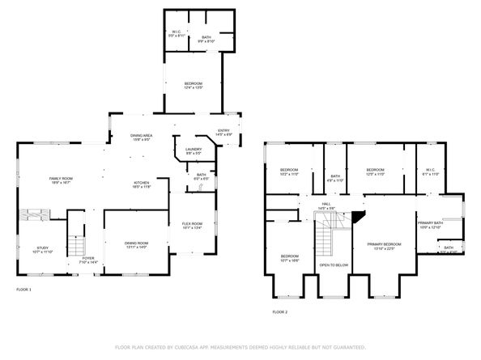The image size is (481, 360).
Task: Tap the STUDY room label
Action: click(43, 249)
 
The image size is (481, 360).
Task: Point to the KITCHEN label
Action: click(143, 184)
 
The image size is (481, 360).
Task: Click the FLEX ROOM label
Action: click(191, 225)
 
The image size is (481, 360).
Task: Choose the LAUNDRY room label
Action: click(193, 150)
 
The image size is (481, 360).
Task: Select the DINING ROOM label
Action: click(136, 244)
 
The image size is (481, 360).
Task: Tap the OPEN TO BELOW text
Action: click(334, 265)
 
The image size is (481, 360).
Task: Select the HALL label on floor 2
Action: click(326, 205)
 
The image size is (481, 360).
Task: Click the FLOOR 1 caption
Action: click(23, 288)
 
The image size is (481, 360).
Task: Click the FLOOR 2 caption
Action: click(279, 311)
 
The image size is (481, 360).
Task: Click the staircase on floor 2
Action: click(326, 236)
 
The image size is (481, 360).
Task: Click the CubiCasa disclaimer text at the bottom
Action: click(240, 346)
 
